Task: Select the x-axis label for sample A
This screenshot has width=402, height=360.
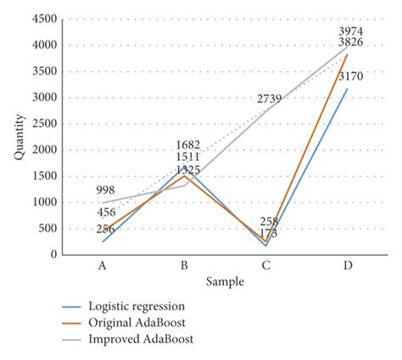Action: point(103,265)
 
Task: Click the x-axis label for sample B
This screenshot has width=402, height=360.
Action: point(184,265)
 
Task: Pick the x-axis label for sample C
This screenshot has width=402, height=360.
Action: point(265,265)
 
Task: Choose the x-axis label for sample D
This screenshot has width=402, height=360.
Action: point(347,265)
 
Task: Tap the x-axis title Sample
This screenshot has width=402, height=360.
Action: point(225,280)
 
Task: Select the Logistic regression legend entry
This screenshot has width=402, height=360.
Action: point(137,306)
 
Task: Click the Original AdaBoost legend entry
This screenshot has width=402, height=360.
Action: point(137,323)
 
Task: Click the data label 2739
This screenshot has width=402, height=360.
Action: point(269,99)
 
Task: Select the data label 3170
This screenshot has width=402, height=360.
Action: point(351,77)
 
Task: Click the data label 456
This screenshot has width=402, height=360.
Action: point(107,213)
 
